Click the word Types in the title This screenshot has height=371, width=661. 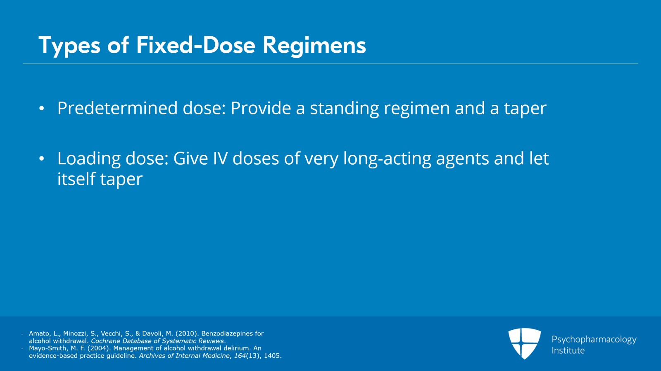coord(69,45)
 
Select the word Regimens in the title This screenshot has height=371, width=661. coord(314,45)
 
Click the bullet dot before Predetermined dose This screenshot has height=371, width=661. coord(41,109)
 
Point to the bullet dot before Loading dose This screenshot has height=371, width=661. coord(41,159)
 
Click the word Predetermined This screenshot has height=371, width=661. coord(117,108)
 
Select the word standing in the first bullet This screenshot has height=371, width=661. coord(344,109)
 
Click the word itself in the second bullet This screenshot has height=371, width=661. coord(76,179)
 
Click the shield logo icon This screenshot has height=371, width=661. coord(524,343)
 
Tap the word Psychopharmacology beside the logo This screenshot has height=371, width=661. coord(594,340)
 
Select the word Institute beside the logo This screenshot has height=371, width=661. coord(568,351)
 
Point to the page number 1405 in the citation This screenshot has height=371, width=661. coord(272,356)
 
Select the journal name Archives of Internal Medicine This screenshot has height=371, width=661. coord(184,356)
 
